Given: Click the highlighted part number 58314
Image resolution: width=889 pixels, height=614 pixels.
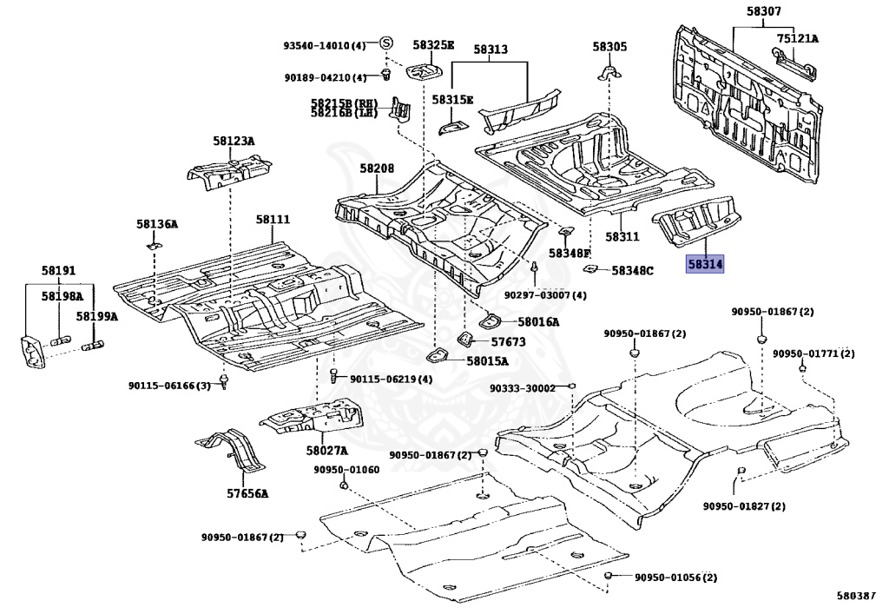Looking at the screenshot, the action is [705, 264].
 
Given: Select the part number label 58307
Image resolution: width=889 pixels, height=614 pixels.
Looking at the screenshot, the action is [763, 10].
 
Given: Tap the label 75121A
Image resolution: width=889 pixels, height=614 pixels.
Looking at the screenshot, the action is [798, 38].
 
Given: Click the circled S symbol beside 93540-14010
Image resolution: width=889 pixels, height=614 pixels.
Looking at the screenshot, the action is [385, 43].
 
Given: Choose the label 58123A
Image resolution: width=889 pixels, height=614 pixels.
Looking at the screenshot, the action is [234, 142].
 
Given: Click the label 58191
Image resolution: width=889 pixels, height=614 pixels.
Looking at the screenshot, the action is [58, 271].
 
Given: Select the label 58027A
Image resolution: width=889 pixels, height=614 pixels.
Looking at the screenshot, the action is [326, 451].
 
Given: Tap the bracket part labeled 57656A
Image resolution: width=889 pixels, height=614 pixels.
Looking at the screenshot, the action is [233, 450].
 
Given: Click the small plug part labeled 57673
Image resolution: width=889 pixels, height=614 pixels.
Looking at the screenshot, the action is [465, 339].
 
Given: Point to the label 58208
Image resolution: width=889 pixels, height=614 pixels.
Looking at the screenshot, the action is [377, 168].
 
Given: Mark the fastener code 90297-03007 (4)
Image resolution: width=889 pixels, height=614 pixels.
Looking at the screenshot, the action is [545, 295].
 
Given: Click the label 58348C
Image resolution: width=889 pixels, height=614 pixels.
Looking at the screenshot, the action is [632, 271].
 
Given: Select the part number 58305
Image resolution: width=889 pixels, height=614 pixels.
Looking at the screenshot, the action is [610, 47].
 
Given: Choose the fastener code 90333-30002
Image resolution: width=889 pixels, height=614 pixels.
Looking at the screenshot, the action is [523, 388].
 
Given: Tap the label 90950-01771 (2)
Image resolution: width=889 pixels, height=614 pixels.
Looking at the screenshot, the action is [813, 353].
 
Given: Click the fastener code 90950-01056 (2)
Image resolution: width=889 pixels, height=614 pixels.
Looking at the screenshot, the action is [675, 578].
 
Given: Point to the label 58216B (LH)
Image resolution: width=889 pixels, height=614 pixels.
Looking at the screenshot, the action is [344, 113].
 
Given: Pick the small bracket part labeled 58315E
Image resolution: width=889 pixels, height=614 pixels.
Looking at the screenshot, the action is [452, 127].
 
